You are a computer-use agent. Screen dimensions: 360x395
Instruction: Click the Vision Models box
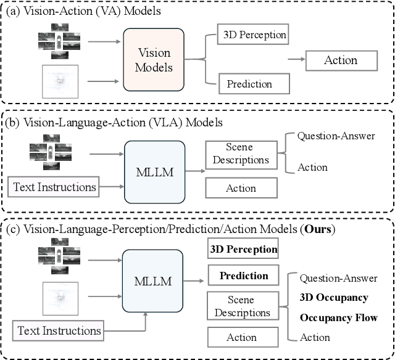(x=154, y=60)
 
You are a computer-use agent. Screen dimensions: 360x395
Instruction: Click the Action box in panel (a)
(x=341, y=60)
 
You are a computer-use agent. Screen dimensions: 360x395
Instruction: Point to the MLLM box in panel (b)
(x=154, y=172)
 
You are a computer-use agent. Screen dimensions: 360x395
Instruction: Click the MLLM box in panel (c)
(x=154, y=281)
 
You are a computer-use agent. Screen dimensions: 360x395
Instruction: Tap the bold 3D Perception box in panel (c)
(x=242, y=250)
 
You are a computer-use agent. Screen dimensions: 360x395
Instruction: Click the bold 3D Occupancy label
(x=334, y=298)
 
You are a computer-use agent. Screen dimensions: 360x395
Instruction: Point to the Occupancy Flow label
(x=338, y=317)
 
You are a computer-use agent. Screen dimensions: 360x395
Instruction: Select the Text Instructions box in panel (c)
(x=59, y=330)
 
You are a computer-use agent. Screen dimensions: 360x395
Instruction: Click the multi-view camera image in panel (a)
(x=59, y=41)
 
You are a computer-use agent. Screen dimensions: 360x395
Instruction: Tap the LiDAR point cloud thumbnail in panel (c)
(x=59, y=300)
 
